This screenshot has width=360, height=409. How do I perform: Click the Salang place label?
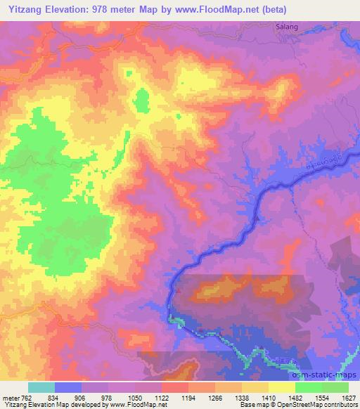coord(281,26)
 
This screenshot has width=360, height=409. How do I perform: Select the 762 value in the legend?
coord(27,397)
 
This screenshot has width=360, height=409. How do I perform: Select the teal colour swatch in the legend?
coord(41,387)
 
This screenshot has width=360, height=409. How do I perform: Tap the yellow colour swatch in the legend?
coord(281,387)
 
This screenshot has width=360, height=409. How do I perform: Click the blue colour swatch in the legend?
coord(68,387)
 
